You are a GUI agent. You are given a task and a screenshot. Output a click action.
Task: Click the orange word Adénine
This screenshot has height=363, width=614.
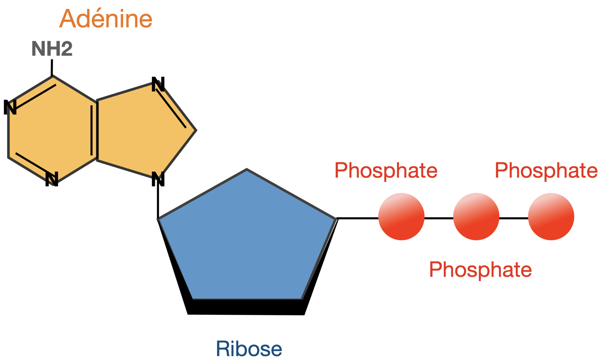point(106,19)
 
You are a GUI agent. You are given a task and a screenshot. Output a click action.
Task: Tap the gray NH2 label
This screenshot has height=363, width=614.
point(52,49)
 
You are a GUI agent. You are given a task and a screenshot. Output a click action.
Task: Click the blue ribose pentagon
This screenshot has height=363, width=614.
point(246,240)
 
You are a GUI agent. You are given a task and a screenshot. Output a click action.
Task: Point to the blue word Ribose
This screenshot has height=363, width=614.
point(249,349)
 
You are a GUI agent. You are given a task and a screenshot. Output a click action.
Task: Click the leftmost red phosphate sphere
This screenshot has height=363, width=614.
point(401,216)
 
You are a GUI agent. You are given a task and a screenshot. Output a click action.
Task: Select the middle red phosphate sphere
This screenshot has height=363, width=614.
point(476,216)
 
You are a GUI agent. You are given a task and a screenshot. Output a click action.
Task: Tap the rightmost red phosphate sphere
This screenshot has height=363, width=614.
point(551,216)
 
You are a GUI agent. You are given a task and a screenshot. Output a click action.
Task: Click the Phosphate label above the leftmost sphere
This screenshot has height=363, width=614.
point(386,170)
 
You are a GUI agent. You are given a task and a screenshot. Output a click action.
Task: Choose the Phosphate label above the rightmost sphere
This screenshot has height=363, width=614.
point(546,170)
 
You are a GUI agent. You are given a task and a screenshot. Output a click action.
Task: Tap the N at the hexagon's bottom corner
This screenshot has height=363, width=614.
point(52,177)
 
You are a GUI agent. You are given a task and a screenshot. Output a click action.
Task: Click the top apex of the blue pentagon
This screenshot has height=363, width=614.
point(246,172)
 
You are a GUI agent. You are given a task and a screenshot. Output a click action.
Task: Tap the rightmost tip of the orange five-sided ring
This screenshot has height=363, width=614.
point(193,130)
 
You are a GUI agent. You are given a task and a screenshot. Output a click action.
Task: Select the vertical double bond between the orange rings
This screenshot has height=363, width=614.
point(94,130)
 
